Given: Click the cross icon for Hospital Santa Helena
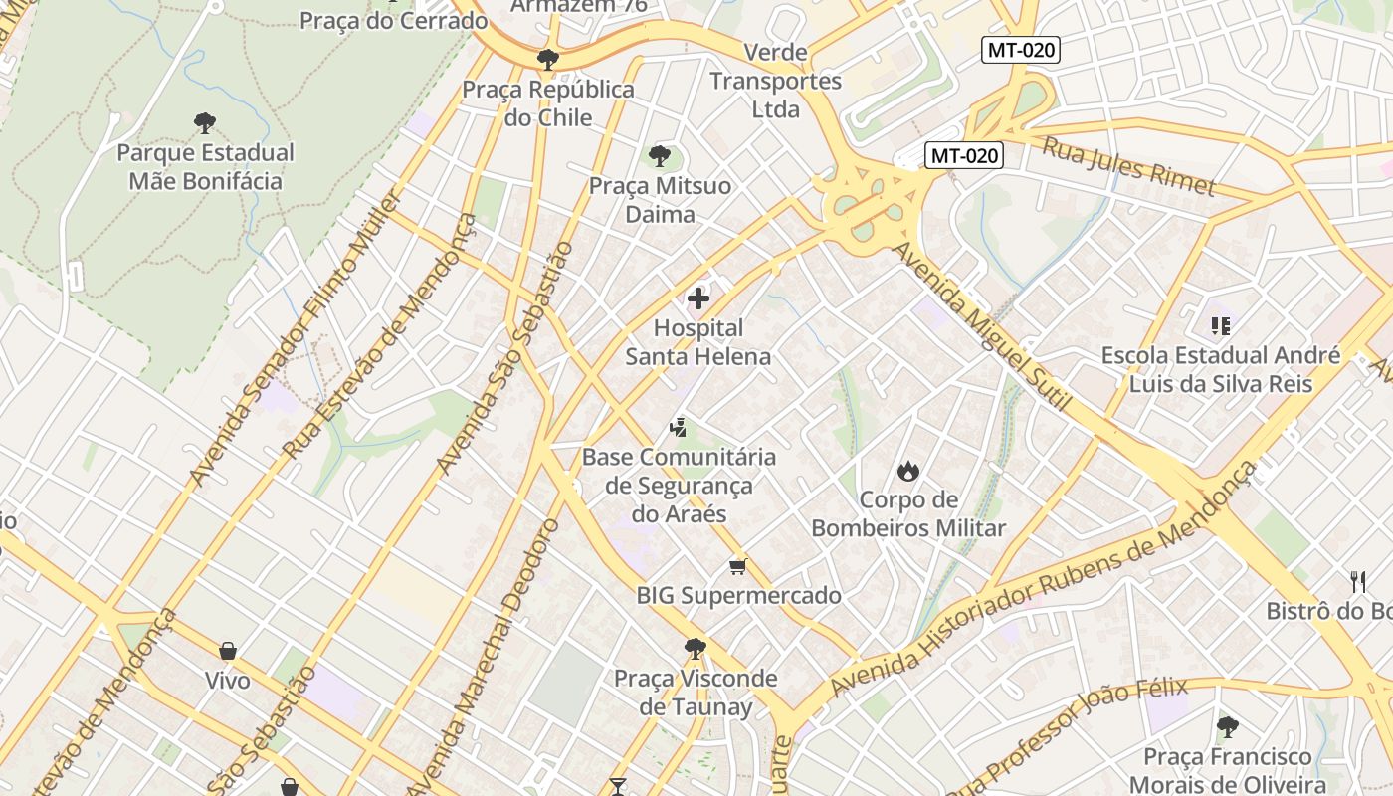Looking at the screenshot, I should coord(698,297).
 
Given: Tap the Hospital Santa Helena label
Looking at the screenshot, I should coord(698,342).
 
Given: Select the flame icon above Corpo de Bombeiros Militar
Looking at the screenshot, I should coord(907,471).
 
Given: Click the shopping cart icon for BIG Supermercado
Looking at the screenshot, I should coord(737,566).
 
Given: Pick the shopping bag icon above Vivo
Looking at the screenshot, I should coord(228,651).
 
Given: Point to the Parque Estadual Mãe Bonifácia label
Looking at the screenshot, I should coord(206,167).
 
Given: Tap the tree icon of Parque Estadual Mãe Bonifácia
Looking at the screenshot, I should coord(205,123).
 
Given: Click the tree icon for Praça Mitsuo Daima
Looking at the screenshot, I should coord(659,155).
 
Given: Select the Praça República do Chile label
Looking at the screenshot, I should coord(548,103).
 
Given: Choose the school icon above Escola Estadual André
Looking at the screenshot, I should coord(1221,325).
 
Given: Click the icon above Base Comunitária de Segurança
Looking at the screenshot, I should coord(679,428).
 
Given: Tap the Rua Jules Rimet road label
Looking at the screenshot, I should coord(1128,166).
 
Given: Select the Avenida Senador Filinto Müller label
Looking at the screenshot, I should coord(296,337).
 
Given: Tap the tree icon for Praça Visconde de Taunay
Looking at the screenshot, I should coord(695,649).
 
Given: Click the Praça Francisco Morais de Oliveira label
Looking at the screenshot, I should coord(1227,771).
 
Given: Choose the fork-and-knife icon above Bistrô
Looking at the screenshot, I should coord(1358,581).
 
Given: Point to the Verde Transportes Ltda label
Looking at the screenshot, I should coord(776,81).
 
